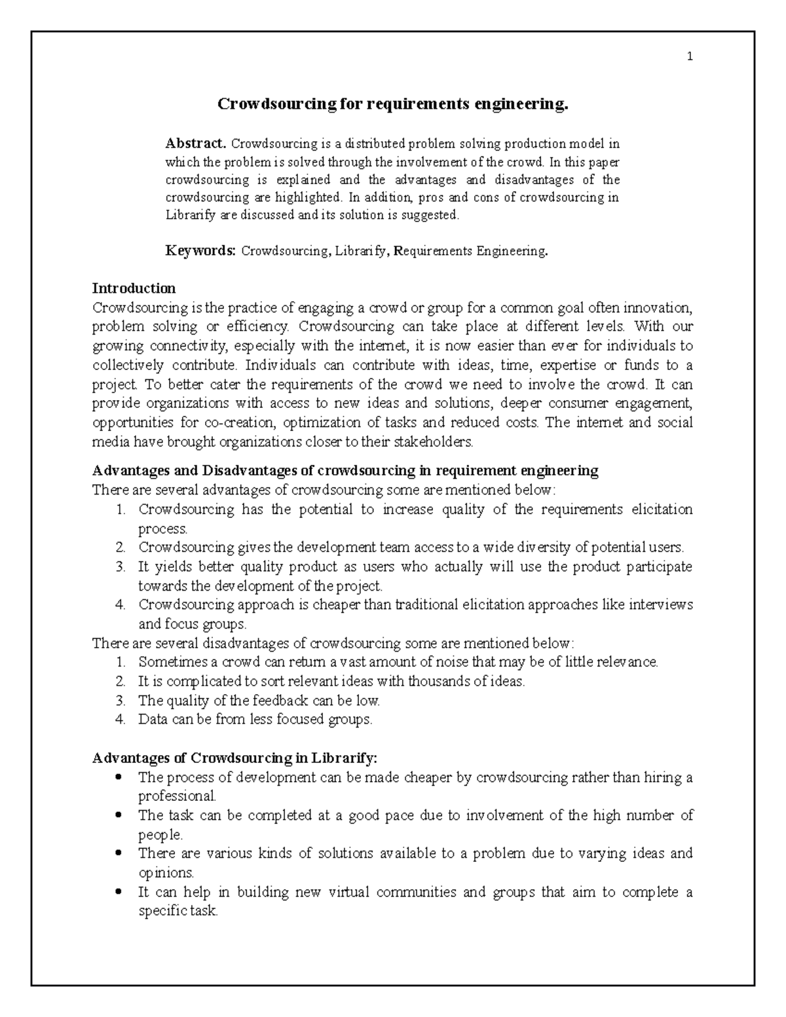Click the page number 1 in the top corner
pyautogui.click(x=689, y=57)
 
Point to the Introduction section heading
pyautogui.click(x=134, y=288)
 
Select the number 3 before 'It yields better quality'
pyautogui.click(x=120, y=566)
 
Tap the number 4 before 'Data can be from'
pyautogui.click(x=120, y=720)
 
